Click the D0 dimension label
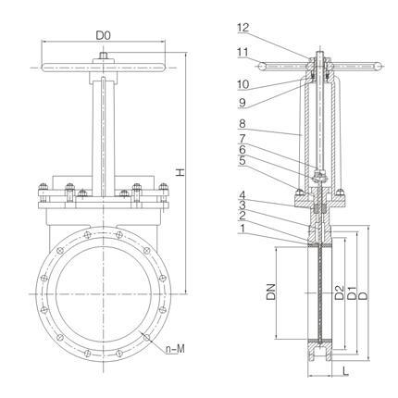coord(103,35)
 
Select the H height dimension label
coord(180,172)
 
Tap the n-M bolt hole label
coord(175,349)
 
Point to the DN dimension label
coord(271,292)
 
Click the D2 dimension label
coord(339,292)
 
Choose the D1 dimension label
coord(352,292)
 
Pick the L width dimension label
coord(346,371)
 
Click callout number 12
coord(243,28)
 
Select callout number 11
coord(243,52)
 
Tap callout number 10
coord(243,84)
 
